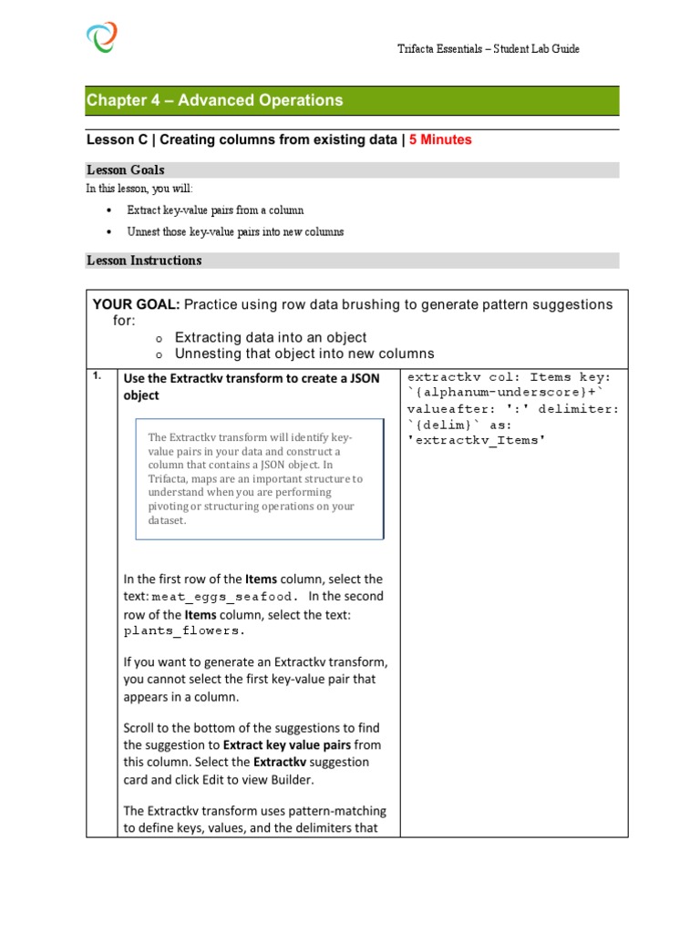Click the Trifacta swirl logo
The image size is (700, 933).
pyautogui.click(x=101, y=38)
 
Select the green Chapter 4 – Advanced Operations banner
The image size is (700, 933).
pyautogui.click(x=352, y=100)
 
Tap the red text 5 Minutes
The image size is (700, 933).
pyautogui.click(x=441, y=140)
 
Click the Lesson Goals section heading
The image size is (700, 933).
pyautogui.click(x=125, y=170)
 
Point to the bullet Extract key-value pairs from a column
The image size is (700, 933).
pyautogui.click(x=215, y=210)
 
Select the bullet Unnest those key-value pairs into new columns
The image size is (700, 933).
pyautogui.click(x=235, y=232)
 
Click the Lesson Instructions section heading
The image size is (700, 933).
pyautogui.click(x=144, y=261)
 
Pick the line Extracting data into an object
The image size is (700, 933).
pyautogui.click(x=271, y=337)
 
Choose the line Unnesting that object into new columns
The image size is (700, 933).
pyautogui.click(x=304, y=354)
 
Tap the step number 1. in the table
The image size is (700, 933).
pyautogui.click(x=98, y=377)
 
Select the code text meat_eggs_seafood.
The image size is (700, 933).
pyautogui.click(x=224, y=597)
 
